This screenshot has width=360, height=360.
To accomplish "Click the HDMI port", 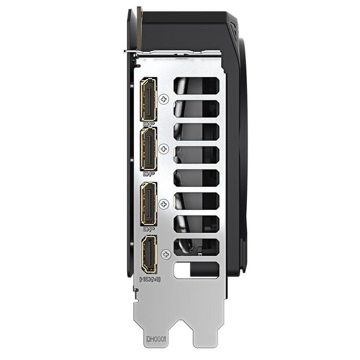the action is [149, 255].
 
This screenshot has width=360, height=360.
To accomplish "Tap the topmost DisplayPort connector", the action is [149, 99].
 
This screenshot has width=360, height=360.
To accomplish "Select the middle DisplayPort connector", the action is [149, 149].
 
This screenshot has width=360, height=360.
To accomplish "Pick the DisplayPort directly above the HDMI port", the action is [149, 204].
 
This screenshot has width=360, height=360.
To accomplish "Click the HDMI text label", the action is [150, 279].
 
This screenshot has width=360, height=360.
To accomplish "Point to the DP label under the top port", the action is [149, 124].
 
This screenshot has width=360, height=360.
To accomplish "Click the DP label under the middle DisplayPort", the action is [149, 174].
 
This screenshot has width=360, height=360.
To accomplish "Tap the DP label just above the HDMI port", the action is [149, 229].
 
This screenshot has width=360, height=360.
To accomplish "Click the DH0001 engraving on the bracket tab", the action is [156, 339].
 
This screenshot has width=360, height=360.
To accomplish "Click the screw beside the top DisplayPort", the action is [164, 99].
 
